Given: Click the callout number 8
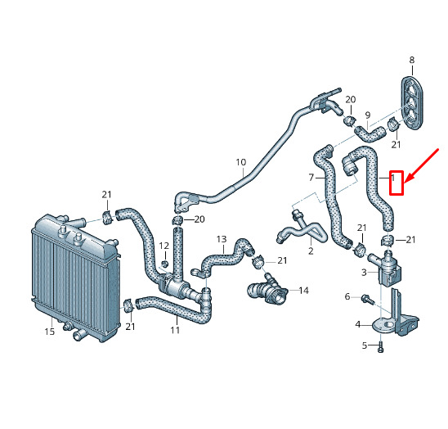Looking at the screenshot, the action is pos(412,60).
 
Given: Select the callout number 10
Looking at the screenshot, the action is pos(241,162).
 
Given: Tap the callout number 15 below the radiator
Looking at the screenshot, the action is pos(49,332).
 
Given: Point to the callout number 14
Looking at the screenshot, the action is pos(304,291).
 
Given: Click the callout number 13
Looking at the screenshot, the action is pos(222,239).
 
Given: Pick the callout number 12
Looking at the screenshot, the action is pos(164,246).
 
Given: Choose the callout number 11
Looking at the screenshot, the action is pos(175,330).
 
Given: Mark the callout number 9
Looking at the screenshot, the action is pos(368,115).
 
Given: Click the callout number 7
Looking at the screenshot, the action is pos(311,178).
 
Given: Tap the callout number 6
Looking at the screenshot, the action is pos(347,296).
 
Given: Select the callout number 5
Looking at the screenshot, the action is pos(365,345).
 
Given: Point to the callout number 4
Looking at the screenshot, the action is pos(358,324).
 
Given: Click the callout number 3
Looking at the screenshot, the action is pos(364,272).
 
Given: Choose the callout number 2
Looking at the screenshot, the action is pos(311,251).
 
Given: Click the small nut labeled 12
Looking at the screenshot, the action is pos(165,264).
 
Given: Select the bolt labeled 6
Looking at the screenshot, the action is pos(368,300).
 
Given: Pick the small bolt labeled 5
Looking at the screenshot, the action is pos(380,347).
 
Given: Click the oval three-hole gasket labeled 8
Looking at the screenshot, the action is pos(412,102).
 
